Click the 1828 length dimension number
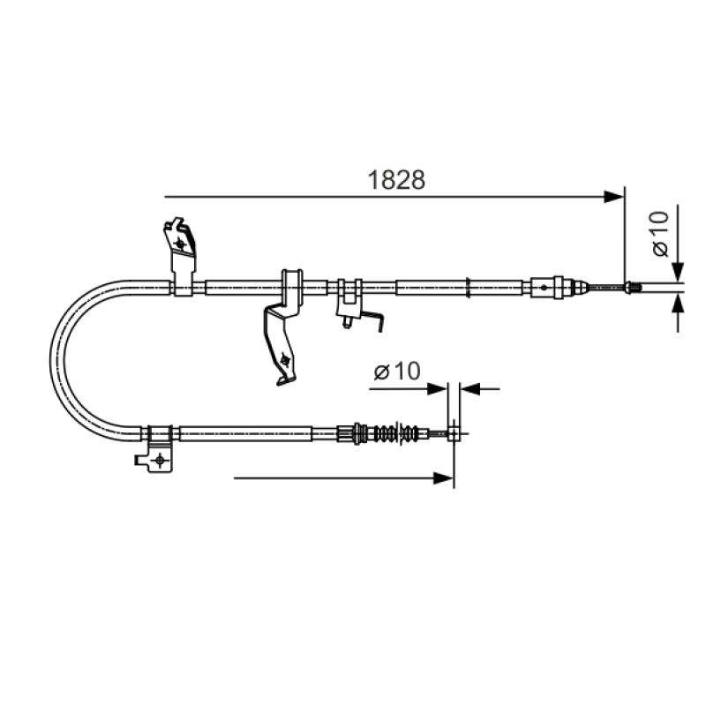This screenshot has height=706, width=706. (x=396, y=180)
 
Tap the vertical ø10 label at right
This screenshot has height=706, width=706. (x=661, y=234)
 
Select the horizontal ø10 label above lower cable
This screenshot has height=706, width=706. (x=397, y=372)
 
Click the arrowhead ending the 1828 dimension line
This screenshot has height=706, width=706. (x=614, y=197)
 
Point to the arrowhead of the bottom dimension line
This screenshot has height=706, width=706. (x=443, y=478)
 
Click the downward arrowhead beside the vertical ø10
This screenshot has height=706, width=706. (x=678, y=273)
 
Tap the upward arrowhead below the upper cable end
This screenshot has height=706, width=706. (x=678, y=304)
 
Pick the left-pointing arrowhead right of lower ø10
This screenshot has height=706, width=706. (x=470, y=388)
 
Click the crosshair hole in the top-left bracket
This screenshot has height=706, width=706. (x=181, y=244)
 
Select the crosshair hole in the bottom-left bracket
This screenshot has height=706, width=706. (x=160, y=460)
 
